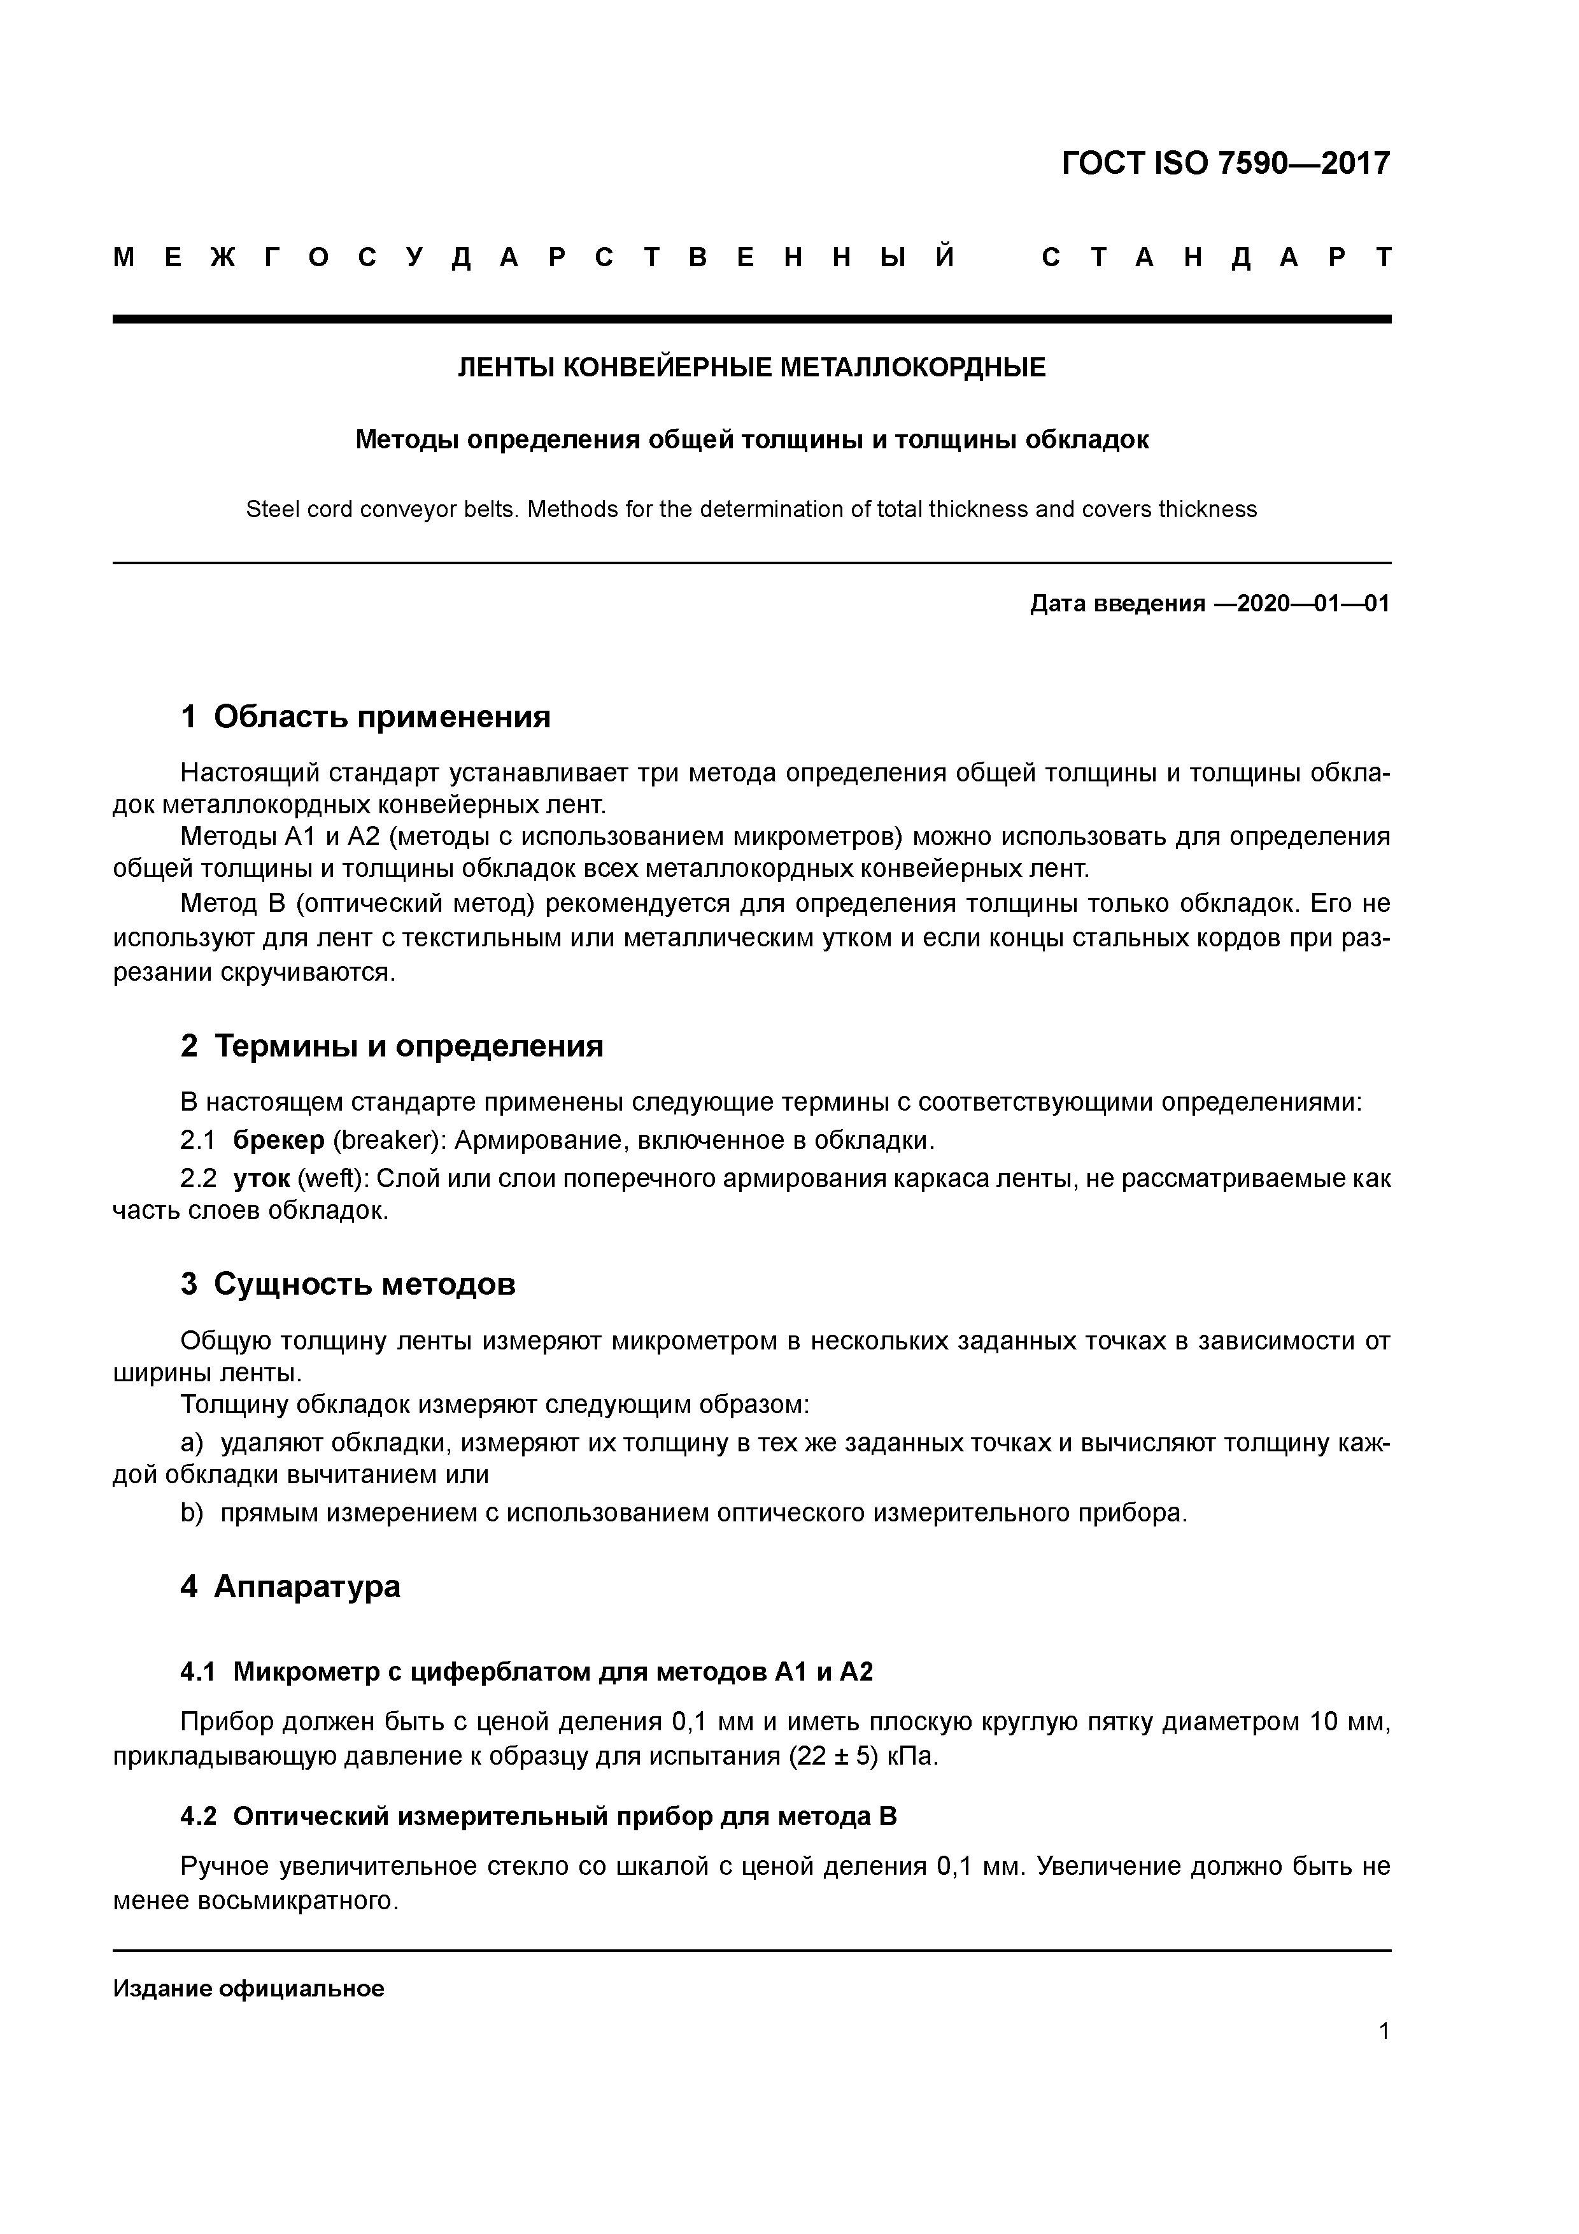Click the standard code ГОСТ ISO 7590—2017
1225,164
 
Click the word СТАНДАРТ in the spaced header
1216,258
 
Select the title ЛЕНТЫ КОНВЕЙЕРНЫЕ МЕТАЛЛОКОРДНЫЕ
751,368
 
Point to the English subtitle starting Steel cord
751,509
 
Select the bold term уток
262,1178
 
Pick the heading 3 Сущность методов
348,1284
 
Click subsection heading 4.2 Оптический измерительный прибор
538,1817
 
